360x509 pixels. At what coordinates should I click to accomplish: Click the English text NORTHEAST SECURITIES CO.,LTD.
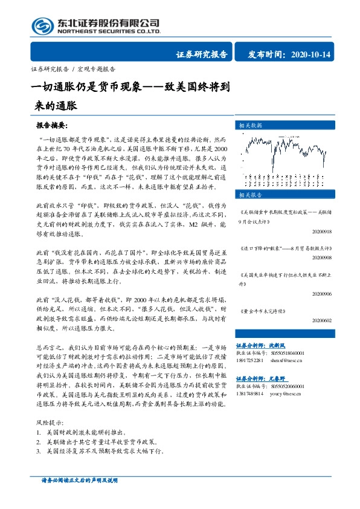(x=108, y=31)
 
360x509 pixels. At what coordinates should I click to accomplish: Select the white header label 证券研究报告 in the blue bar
(x=202, y=55)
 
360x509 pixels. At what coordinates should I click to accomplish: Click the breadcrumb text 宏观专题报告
(x=95, y=69)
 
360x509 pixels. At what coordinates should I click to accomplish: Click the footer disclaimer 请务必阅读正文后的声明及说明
(x=79, y=480)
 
